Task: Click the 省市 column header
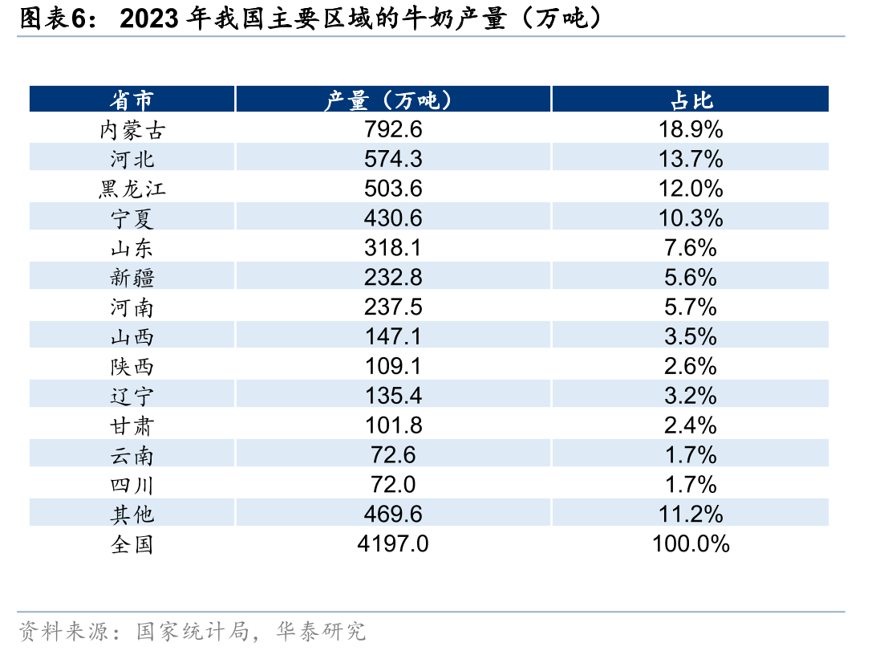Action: (x=132, y=100)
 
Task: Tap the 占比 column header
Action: (x=691, y=100)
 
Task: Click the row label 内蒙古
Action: (x=132, y=130)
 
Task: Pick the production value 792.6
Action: (x=393, y=129)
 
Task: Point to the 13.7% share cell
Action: (x=691, y=159)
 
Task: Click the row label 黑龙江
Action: (x=132, y=189)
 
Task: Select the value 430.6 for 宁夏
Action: (x=393, y=218)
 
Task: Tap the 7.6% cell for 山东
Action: (x=691, y=247)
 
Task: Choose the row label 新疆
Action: (x=132, y=278)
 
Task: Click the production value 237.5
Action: (x=393, y=307)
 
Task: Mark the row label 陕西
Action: (x=132, y=367)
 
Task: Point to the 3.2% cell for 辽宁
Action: (x=691, y=396)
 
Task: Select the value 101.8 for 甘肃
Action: (x=393, y=425)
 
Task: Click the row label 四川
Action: (x=132, y=485)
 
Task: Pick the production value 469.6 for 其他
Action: (x=393, y=514)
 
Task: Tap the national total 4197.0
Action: (x=393, y=543)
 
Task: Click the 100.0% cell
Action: (x=691, y=543)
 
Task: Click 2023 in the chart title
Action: (x=149, y=18)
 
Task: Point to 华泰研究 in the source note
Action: (x=321, y=631)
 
